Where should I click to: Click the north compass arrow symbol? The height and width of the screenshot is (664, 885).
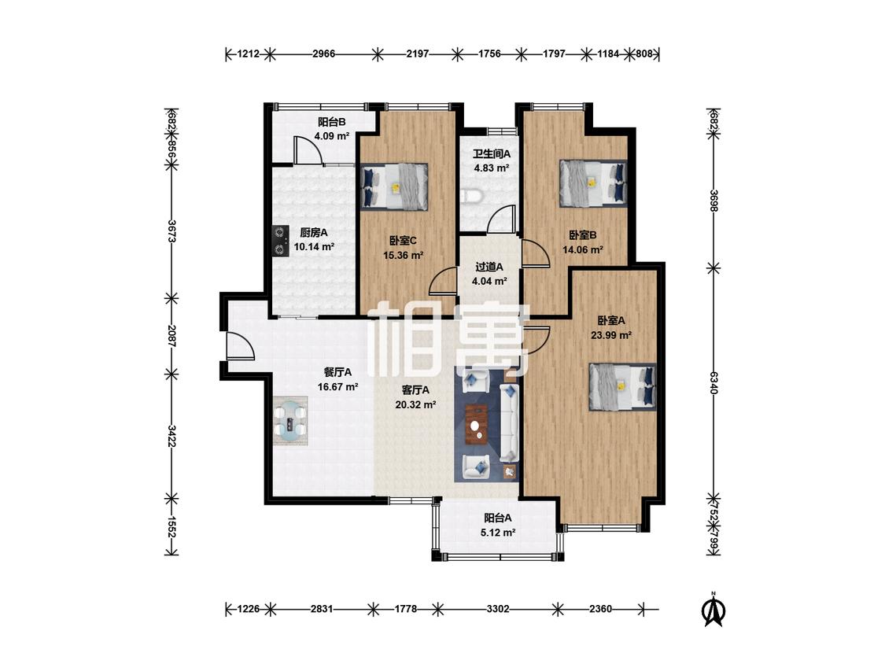point(714,609)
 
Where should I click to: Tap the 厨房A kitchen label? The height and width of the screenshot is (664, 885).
point(314,232)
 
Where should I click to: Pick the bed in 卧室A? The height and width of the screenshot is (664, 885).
point(622,387)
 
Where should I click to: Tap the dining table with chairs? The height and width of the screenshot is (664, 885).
point(290,421)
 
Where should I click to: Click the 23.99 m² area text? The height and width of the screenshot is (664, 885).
point(611,335)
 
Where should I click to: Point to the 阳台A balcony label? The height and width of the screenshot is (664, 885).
point(498,517)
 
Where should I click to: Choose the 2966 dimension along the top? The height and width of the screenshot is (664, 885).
point(323,54)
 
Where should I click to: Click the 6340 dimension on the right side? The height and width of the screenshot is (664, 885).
point(714,382)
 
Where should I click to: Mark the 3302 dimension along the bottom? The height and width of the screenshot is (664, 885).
point(498,609)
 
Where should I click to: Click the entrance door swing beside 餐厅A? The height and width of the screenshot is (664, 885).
point(241,345)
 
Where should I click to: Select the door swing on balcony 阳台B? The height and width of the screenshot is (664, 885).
point(308,150)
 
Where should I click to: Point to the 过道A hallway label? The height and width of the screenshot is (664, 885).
point(489,267)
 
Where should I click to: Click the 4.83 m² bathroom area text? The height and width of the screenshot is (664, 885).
point(492,168)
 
